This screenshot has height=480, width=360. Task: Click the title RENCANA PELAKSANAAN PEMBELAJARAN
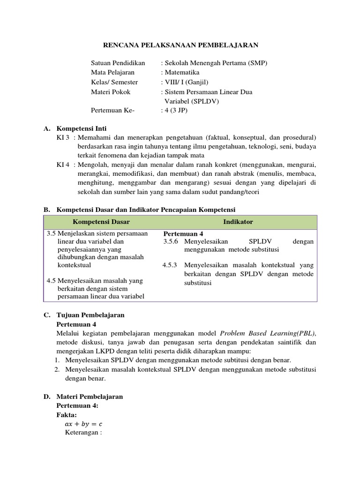tap(180, 45)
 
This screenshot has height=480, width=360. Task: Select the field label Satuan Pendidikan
tap(118, 63)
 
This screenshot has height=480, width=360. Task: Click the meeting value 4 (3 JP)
tap(176, 111)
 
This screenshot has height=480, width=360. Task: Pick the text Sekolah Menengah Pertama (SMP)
tap(215, 63)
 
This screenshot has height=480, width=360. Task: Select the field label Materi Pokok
tap(111, 92)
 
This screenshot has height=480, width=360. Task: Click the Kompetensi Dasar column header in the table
tap(101, 222)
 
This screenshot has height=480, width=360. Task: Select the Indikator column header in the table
tap(241, 222)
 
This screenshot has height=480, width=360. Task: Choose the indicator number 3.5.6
tap(172, 241)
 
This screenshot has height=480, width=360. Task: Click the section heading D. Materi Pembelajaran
tap(90, 396)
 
